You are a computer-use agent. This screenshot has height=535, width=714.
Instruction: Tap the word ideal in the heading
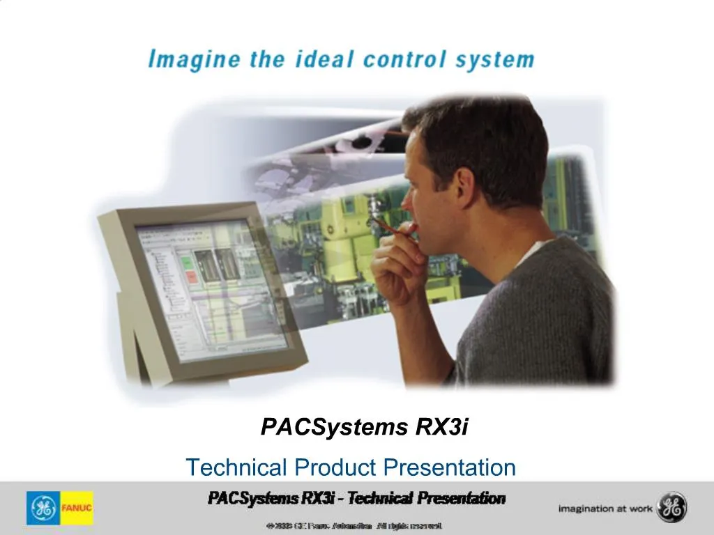[324, 59]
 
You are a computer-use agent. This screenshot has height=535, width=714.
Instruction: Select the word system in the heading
[494, 59]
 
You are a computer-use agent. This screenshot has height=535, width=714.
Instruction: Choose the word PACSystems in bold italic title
[334, 427]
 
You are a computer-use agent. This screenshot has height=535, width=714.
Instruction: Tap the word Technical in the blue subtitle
[236, 467]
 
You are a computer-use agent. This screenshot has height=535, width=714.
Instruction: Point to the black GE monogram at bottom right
[671, 508]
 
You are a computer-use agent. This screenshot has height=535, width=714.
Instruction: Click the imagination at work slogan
[605, 509]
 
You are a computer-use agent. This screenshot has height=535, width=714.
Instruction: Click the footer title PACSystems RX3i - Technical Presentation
[356, 498]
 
